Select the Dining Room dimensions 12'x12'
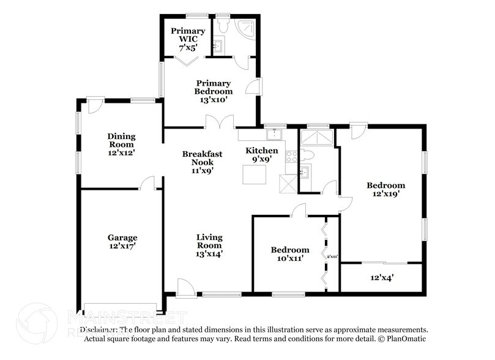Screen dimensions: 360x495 (x=121, y=146)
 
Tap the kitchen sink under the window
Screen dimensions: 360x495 (x=274, y=133)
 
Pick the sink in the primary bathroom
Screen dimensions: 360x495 (x=218, y=45)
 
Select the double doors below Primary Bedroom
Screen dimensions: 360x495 (x=218, y=122)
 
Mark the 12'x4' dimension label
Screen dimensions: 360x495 (x=381, y=277)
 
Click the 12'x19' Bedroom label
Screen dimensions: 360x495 (x=385, y=189)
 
